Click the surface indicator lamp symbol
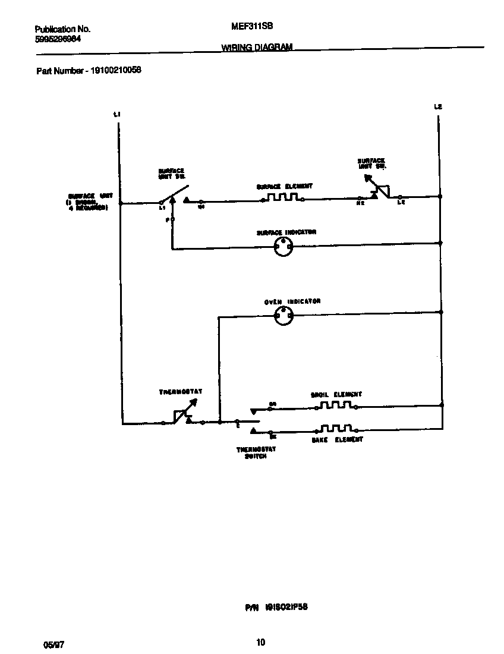[283, 248]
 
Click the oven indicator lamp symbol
[283, 317]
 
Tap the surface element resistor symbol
[283, 197]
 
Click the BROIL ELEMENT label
[336, 394]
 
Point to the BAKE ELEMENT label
[337, 439]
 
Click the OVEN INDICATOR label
[292, 301]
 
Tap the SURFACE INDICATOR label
[286, 232]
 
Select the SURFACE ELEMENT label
[284, 186]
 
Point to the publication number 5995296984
[58, 39]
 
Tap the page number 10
[260, 642]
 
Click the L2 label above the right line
[438, 107]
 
